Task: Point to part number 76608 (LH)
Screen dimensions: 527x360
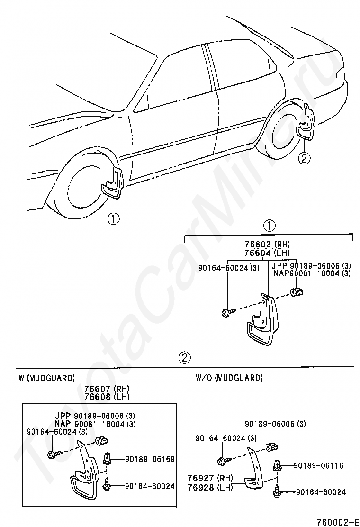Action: [107, 397]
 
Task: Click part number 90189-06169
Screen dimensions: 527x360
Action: [150, 459]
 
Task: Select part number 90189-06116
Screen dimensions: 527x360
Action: [318, 466]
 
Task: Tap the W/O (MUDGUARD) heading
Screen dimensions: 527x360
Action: [229, 378]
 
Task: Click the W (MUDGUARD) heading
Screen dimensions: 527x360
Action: [46, 378]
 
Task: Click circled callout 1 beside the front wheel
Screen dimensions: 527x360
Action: [114, 218]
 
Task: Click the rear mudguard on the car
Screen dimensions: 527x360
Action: [305, 124]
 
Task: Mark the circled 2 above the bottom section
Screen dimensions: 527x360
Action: [185, 356]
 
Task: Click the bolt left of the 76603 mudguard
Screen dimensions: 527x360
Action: [225, 312]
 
